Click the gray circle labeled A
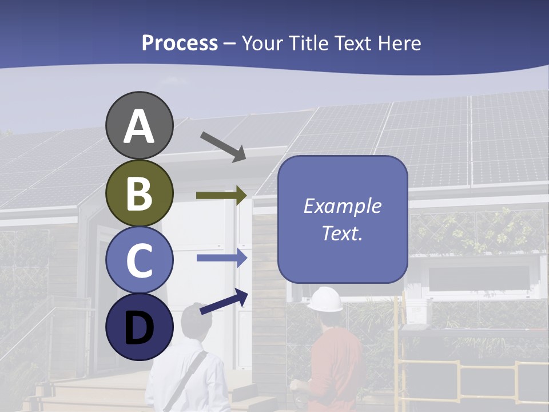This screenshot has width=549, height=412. (140, 126)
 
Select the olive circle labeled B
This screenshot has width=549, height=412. (140, 193)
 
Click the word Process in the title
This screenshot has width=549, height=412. (180, 43)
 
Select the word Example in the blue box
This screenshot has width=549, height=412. (342, 206)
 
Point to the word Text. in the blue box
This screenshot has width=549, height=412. (342, 233)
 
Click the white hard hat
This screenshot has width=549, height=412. (325, 299)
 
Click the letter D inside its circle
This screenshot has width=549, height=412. (140, 328)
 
